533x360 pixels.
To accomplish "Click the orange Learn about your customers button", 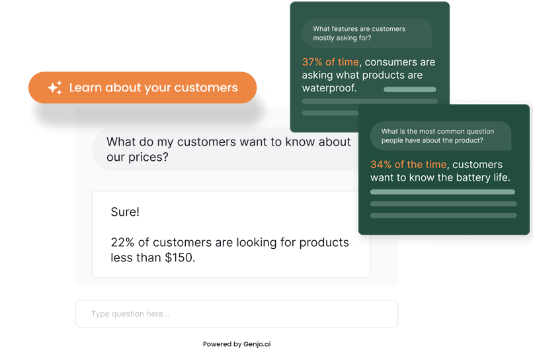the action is (x=142, y=87).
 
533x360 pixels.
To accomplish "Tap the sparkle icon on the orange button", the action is (x=55, y=87).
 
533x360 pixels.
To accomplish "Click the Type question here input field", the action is (x=237, y=314).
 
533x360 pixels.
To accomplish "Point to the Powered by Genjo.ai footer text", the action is (x=237, y=344).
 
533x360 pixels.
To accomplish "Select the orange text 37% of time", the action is (x=331, y=62).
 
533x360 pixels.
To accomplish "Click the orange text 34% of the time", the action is (x=408, y=164).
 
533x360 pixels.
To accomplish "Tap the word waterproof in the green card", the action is (x=329, y=88).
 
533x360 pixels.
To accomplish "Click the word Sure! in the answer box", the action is (x=125, y=212).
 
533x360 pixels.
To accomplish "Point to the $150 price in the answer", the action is (x=180, y=257).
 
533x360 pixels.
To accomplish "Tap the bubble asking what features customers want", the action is (x=367, y=33).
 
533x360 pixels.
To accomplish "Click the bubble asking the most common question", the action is (x=440, y=136).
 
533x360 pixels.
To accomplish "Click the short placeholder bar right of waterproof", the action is (x=410, y=89).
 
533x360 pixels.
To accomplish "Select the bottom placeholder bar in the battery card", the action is (x=443, y=215).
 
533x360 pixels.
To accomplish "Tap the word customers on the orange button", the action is (x=206, y=88).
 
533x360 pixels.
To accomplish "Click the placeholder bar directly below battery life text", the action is (x=442, y=192).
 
